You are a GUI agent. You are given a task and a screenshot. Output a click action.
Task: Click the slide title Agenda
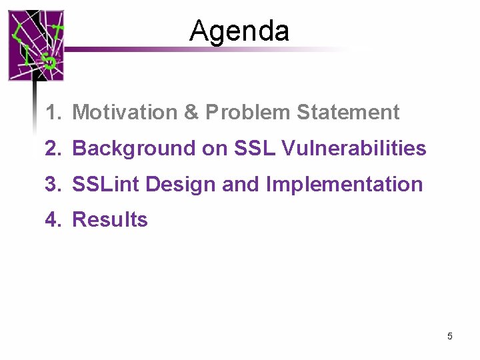click(239, 31)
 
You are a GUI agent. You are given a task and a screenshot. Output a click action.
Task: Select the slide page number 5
click(450, 336)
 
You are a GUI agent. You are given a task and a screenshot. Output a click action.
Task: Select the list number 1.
click(53, 113)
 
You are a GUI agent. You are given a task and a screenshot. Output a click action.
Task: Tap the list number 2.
click(53, 149)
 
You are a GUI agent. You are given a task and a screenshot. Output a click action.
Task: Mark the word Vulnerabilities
click(354, 149)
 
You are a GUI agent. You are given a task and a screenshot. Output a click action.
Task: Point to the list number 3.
click(53, 184)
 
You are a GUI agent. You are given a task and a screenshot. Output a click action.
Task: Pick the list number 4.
click(53, 219)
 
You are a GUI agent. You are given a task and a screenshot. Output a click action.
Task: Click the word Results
click(109, 219)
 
